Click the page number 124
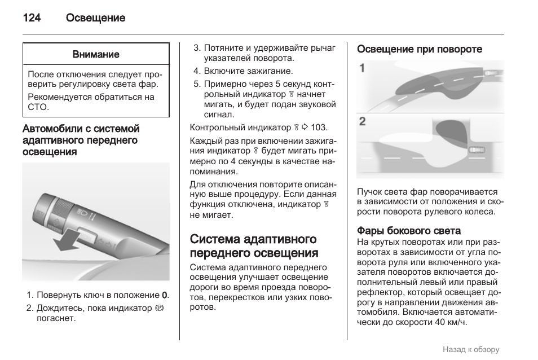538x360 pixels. (x=32, y=18)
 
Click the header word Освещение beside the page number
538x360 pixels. (x=95, y=18)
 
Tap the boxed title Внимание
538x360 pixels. (x=96, y=54)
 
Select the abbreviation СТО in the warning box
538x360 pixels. (x=38, y=107)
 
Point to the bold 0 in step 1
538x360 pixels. (x=164, y=295)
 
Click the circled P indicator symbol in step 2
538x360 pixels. (x=159, y=308)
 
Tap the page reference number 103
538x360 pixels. (x=318, y=128)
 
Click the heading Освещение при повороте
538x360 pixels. (x=419, y=49)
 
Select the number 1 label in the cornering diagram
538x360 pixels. (x=362, y=68)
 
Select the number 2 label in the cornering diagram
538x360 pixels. (x=362, y=121)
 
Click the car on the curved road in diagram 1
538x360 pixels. (x=491, y=73)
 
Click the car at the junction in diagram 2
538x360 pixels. (x=477, y=150)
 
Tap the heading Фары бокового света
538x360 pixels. (x=409, y=231)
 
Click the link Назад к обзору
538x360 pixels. (x=471, y=349)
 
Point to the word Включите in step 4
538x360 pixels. (x=223, y=71)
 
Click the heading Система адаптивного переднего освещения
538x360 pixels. (x=254, y=246)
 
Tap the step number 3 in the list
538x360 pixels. (x=196, y=48)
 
